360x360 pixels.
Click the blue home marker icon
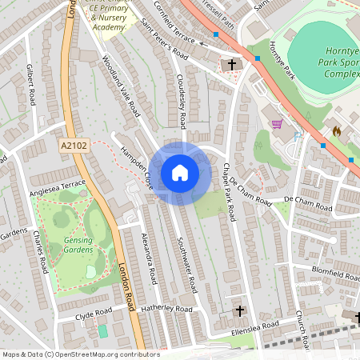[x=179, y=172]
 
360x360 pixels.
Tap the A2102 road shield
[x=73, y=146]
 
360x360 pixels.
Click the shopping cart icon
[x=278, y=124]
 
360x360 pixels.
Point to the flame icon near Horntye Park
[x=337, y=130]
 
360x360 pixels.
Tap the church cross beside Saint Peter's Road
[x=234, y=64]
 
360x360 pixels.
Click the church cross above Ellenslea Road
[x=239, y=310]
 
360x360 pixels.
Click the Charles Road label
[x=38, y=253]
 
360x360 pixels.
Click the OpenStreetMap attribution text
[x=81, y=354]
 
